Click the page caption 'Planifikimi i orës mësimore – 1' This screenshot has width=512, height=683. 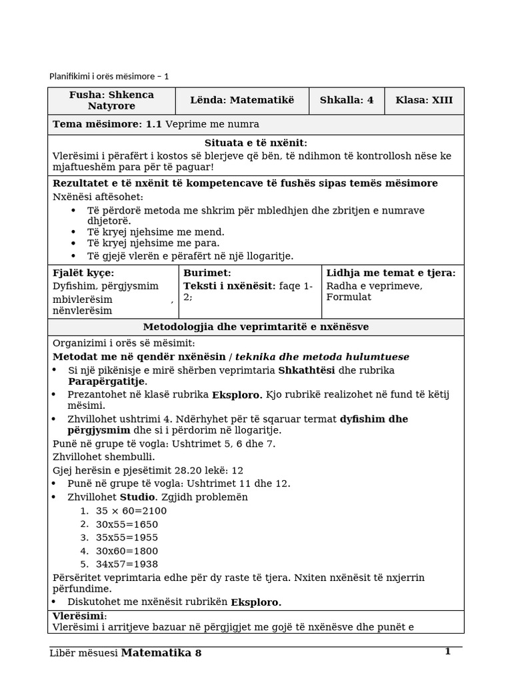click(x=109, y=76)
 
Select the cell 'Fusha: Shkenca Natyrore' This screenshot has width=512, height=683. click(x=111, y=101)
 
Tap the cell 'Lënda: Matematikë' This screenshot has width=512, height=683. click(x=241, y=101)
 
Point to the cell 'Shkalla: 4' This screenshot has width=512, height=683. click(x=347, y=101)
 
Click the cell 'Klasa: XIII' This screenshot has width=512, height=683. click(x=424, y=101)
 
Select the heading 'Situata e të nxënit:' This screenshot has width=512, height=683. click(x=255, y=143)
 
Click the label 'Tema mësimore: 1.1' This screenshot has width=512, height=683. click(x=107, y=125)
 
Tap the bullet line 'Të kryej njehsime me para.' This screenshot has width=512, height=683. click(x=153, y=243)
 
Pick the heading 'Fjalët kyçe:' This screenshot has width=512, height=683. click(x=83, y=273)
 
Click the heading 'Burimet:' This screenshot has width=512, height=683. click(x=207, y=273)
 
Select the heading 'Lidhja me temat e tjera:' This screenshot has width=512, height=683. click(x=391, y=273)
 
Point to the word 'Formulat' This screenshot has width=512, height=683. click(x=349, y=297)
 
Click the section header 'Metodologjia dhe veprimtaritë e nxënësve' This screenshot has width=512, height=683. click(x=256, y=327)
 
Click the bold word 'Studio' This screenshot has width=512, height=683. click(x=136, y=498)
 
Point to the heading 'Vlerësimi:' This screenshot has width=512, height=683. click(x=79, y=616)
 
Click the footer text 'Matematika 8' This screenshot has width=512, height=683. click(x=161, y=653)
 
